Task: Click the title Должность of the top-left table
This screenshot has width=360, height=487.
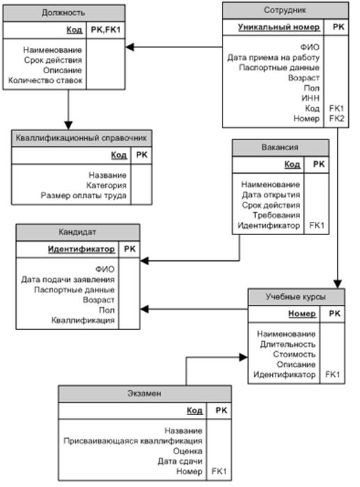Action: pyautogui.click(x=63, y=13)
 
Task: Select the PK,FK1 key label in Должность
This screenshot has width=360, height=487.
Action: pyautogui.click(x=105, y=30)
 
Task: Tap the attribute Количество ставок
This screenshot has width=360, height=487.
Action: pyautogui.click(x=45, y=80)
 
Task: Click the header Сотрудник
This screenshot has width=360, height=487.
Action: pyautogui.click(x=285, y=10)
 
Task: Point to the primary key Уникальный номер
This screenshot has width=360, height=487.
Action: pyautogui.click(x=279, y=27)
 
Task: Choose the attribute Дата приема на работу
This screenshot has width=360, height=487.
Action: pyautogui.click(x=273, y=57)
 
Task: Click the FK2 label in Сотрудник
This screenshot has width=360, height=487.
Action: pyautogui.click(x=337, y=119)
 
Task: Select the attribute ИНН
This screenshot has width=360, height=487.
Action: pyautogui.click(x=310, y=98)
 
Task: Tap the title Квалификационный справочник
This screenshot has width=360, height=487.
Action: pyautogui.click(x=82, y=138)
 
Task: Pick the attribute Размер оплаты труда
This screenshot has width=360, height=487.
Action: pyautogui.click(x=84, y=195)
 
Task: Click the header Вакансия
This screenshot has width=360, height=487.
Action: pyautogui.click(x=280, y=147)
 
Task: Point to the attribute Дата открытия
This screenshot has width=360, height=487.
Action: pyautogui.click(x=271, y=195)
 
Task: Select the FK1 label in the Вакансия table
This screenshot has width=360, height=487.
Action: pyautogui.click(x=317, y=225)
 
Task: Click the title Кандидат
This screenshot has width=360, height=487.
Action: pyautogui.click(x=77, y=232)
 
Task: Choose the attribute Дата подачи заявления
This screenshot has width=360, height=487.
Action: pyautogui.click(x=68, y=280)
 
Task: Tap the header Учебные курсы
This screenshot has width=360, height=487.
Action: pyautogui.click(x=296, y=297)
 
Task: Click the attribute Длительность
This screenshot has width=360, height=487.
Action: pyautogui.click(x=287, y=344)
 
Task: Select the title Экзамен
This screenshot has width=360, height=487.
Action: pyautogui.click(x=144, y=394)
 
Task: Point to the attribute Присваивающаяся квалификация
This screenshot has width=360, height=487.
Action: pyautogui.click(x=133, y=441)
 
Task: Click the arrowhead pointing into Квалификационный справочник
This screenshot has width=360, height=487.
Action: pyautogui.click(x=68, y=125)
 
